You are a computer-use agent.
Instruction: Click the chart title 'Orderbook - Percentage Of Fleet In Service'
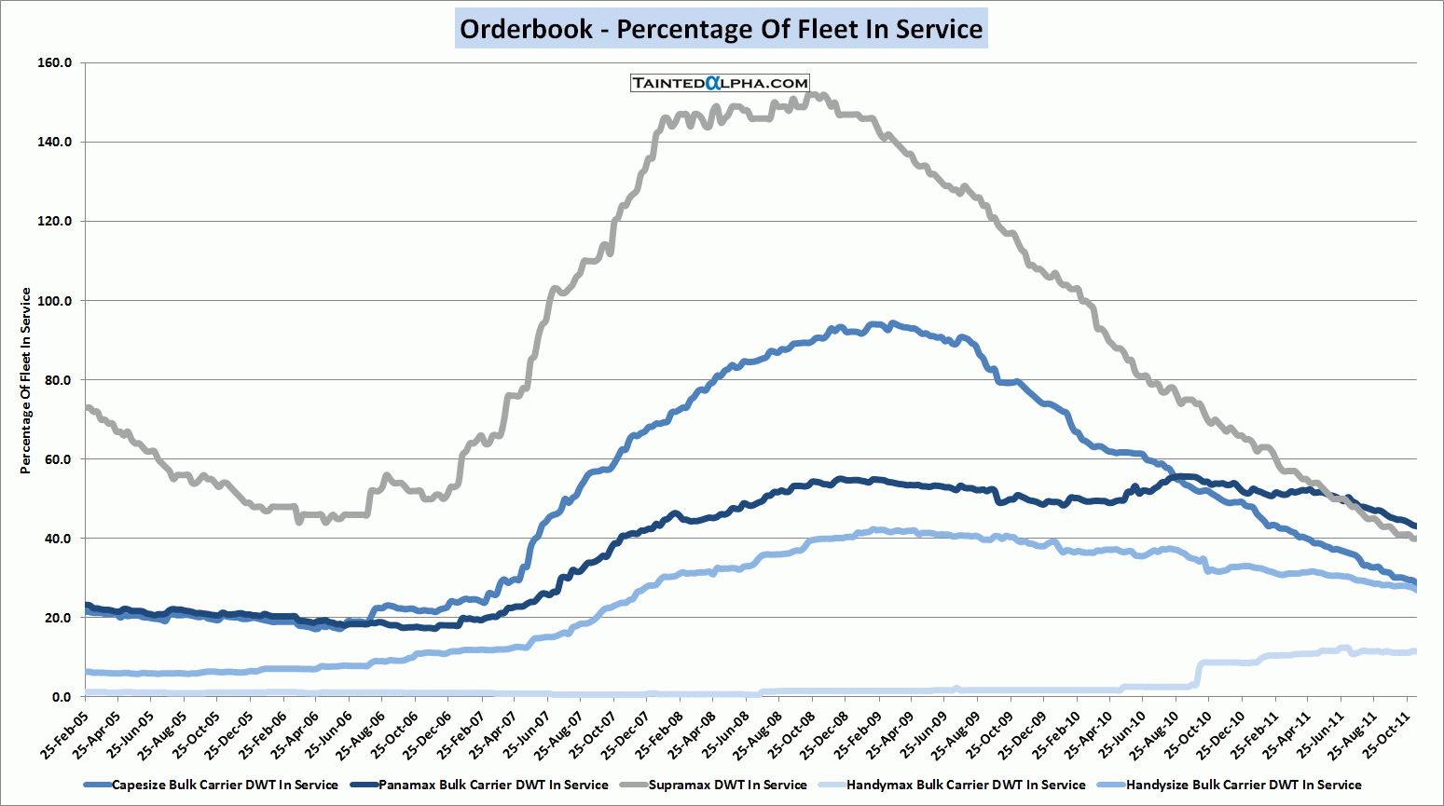click(x=721, y=29)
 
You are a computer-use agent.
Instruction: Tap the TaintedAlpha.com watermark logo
click(x=720, y=83)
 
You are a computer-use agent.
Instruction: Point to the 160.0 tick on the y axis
click(x=55, y=63)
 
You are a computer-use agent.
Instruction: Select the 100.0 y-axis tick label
click(x=55, y=301)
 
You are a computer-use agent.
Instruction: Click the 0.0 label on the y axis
click(x=62, y=697)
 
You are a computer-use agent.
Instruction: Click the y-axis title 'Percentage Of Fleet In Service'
click(x=26, y=380)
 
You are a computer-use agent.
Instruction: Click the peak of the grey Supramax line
click(x=811, y=93)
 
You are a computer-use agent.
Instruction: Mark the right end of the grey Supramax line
click(x=1415, y=538)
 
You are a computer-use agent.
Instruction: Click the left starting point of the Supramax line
click(x=86, y=407)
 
